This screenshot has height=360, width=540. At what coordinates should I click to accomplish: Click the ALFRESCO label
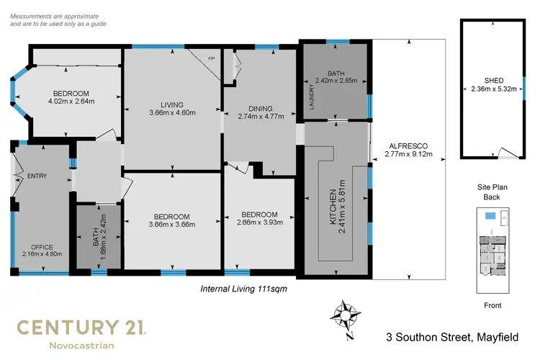[x=406, y=143]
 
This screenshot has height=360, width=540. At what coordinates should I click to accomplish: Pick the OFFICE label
[x=42, y=246]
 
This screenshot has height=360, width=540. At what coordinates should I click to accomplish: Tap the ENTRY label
[x=37, y=176]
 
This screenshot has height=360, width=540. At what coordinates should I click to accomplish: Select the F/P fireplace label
[x=212, y=58]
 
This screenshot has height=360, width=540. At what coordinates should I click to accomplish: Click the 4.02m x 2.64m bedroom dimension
[x=70, y=102]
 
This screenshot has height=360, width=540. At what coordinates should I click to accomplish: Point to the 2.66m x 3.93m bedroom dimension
[x=259, y=223]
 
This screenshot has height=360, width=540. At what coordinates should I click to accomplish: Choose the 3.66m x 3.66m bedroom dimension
[x=171, y=225]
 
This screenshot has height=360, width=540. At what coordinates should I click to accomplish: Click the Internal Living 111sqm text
[x=241, y=289]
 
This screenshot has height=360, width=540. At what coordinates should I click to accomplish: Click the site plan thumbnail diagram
[x=492, y=251]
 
